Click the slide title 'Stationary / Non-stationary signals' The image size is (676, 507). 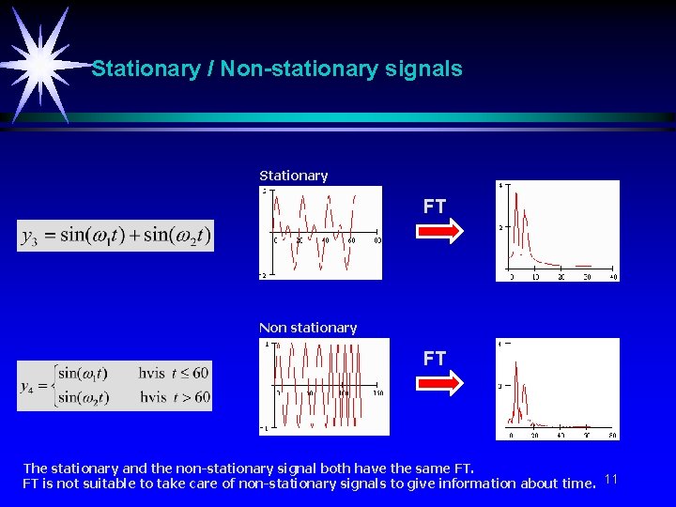point(277,69)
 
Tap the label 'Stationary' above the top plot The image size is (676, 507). point(293,176)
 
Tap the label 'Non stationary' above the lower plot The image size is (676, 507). point(308,328)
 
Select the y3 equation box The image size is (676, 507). point(115,235)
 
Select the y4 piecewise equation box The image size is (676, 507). point(115,385)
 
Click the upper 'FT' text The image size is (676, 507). point(434,207)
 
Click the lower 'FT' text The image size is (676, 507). point(434,358)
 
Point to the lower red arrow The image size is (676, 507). point(439,383)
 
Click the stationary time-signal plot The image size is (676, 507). point(321,232)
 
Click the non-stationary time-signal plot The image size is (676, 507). point(324,386)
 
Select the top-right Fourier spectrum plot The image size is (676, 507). point(558,230)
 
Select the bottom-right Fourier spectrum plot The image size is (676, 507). point(558,388)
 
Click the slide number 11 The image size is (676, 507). point(611,480)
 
